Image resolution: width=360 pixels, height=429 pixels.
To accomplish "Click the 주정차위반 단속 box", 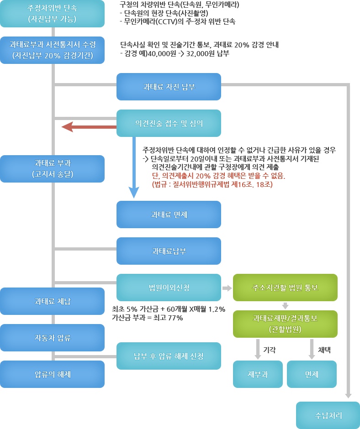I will pos(52,14).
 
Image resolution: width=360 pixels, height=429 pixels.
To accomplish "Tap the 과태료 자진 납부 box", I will pos(169,87).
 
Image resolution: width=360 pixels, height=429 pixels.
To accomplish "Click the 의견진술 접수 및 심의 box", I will pos(169,123).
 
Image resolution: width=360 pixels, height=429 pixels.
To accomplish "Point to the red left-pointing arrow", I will pos(87,127).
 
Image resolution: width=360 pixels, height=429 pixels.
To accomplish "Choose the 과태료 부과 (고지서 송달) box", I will pos(52,168).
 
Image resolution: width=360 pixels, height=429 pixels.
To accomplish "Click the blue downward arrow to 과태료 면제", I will pos(133,183).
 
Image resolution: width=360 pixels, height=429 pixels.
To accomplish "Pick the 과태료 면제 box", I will pos(169,214).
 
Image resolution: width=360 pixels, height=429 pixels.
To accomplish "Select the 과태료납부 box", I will pos(169,251).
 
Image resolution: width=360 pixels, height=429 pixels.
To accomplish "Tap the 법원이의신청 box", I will pos(169,288).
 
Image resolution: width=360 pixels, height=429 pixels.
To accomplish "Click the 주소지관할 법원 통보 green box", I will pos(285,288).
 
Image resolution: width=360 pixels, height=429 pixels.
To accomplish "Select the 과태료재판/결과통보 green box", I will pos(285,324).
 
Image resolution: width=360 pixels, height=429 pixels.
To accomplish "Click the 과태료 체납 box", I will pos(52,301).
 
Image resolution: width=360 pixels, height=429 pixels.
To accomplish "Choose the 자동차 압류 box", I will pos(52,338).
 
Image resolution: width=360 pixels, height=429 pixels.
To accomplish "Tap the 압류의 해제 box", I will pos(52,374).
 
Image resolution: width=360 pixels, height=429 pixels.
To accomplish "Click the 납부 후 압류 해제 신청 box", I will pos(169,356).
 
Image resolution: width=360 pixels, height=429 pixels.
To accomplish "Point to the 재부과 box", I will pos(258,374).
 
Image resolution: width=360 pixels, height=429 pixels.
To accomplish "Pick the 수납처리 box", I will pos(328,415).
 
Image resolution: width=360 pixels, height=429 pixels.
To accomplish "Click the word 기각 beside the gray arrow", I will pos(270,350).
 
